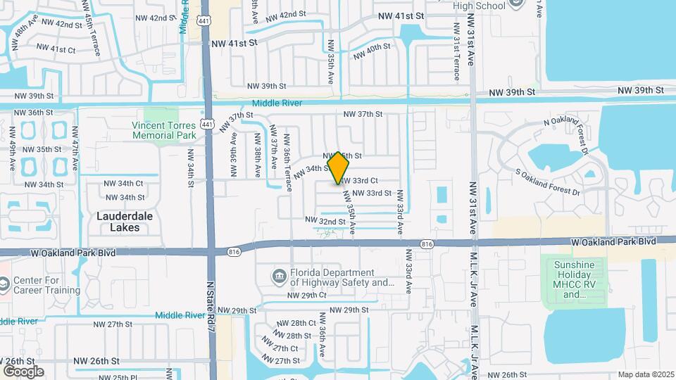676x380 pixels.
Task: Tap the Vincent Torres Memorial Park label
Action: coord(163,129)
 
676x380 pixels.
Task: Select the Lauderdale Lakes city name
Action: coord(124,222)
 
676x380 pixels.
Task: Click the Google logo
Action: coord(23,371)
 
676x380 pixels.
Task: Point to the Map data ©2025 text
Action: coord(646,374)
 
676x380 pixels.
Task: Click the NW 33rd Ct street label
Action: coord(361,181)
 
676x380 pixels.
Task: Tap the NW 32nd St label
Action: coord(325,221)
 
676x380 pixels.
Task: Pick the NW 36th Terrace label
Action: coord(287,160)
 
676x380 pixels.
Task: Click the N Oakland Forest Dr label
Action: coord(575,132)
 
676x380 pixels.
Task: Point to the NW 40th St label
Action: coord(372,51)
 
